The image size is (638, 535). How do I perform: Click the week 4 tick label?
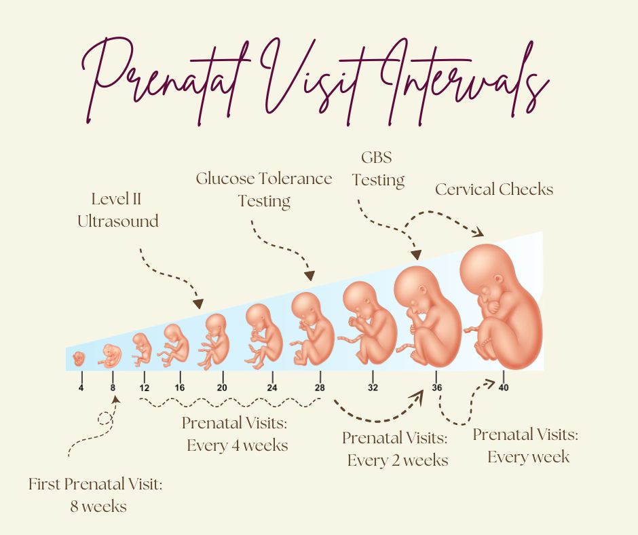click(81, 388)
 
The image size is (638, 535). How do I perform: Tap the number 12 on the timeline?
click(144, 388)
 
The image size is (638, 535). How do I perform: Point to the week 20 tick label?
click(222, 388)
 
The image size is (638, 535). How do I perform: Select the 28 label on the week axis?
click(320, 388)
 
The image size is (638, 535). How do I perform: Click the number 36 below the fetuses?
click(436, 388)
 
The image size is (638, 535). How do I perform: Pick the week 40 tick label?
click(504, 388)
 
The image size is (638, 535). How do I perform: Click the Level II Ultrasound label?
click(117, 210)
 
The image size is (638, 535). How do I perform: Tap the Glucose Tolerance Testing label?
click(264, 189)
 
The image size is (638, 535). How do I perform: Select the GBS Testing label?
click(378, 168)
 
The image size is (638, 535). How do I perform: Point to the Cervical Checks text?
click(494, 189)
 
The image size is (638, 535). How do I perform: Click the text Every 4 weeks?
click(238, 445)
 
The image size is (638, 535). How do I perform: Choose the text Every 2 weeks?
click(398, 460)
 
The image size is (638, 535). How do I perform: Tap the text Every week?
click(529, 457)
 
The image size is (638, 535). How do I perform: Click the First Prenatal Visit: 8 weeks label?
click(96, 495)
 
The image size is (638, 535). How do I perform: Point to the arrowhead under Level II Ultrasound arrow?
click(198, 303)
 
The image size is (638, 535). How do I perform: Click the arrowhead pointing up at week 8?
click(116, 399)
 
